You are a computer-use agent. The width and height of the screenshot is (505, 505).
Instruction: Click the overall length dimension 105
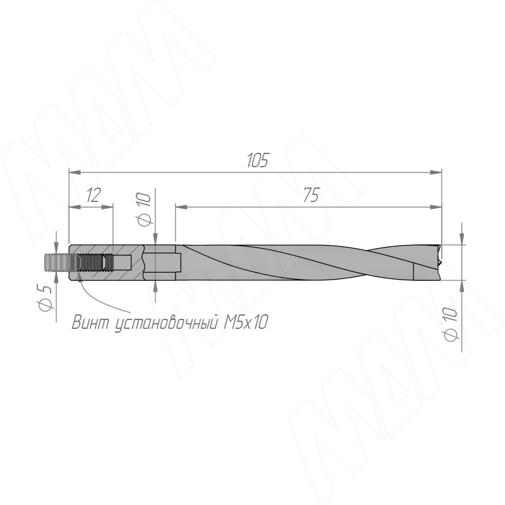(258, 160)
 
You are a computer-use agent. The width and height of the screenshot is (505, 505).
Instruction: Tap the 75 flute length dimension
(311, 195)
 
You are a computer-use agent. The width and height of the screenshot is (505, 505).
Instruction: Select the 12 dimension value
(93, 195)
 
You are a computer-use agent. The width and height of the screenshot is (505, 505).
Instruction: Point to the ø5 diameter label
(45, 297)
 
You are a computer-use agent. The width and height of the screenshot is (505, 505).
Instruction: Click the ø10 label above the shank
(144, 210)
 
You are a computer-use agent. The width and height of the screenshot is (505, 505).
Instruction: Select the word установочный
(167, 323)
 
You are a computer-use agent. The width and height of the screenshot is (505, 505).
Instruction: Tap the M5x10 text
(246, 322)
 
